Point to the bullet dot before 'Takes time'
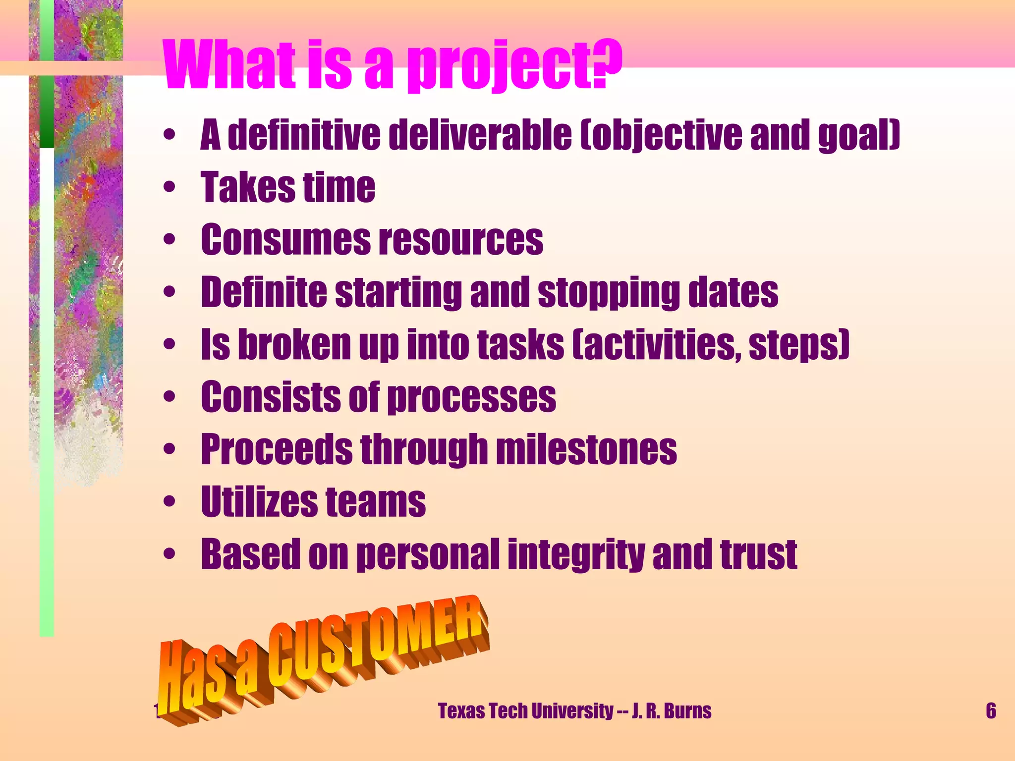pos(169,187)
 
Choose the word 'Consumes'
pos(285,240)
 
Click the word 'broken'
pos(294,345)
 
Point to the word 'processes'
pos(471,397)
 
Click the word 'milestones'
pos(586,450)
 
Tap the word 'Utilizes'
pos(259,502)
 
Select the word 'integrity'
pos(576,554)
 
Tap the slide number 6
pos(991,711)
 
